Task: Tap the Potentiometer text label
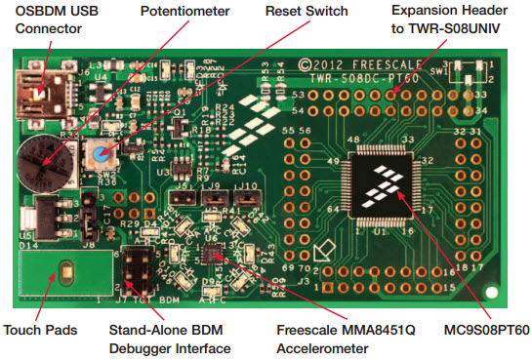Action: [184, 12]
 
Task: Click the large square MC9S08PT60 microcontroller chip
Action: [383, 184]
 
